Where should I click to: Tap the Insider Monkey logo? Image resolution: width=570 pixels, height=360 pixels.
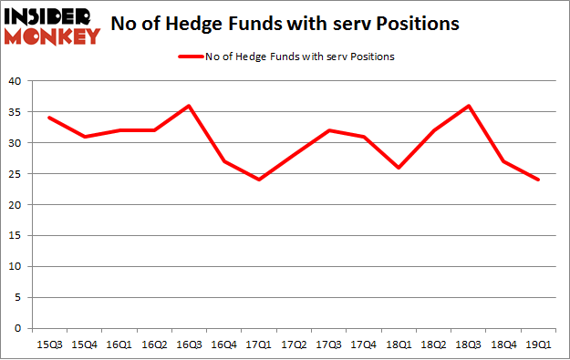52,26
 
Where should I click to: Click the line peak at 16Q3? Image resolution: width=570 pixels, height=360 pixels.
186,106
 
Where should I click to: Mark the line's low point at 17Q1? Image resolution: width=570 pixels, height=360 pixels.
259,180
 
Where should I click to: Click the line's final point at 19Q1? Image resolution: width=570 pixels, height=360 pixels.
538,180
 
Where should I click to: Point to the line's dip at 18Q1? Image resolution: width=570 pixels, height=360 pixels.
399,168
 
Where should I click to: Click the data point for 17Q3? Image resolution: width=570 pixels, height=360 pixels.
328,130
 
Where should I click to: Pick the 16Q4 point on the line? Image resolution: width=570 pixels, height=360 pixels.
224,161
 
